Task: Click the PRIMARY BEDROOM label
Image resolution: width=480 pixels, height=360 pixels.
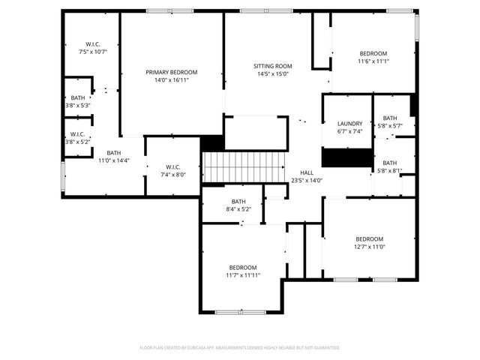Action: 171,72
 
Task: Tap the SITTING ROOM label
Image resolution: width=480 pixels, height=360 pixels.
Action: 274,66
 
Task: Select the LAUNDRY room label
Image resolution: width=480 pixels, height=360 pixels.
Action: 349,124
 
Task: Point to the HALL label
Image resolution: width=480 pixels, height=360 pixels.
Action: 306,172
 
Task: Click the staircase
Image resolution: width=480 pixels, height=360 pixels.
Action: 244,166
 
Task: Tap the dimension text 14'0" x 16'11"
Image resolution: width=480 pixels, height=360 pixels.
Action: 171,79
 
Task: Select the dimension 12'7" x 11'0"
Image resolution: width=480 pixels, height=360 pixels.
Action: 369,247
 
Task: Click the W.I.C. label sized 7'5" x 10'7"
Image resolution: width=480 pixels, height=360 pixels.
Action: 93,44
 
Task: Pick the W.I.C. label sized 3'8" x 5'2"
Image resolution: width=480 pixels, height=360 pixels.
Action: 77,134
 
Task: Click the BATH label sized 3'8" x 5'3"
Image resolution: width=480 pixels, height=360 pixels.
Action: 78,98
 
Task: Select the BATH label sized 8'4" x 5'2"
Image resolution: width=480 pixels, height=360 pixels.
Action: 238,201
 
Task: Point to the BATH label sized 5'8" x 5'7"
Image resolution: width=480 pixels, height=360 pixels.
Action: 390,118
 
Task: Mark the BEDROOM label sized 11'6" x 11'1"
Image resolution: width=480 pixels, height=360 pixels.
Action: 373,53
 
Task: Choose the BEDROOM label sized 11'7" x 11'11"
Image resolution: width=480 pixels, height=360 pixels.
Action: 243,268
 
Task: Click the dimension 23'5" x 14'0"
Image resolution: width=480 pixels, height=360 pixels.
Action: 306,180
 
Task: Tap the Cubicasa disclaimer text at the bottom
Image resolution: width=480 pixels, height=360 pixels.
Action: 240,348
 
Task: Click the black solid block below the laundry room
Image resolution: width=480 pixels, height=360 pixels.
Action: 347,157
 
